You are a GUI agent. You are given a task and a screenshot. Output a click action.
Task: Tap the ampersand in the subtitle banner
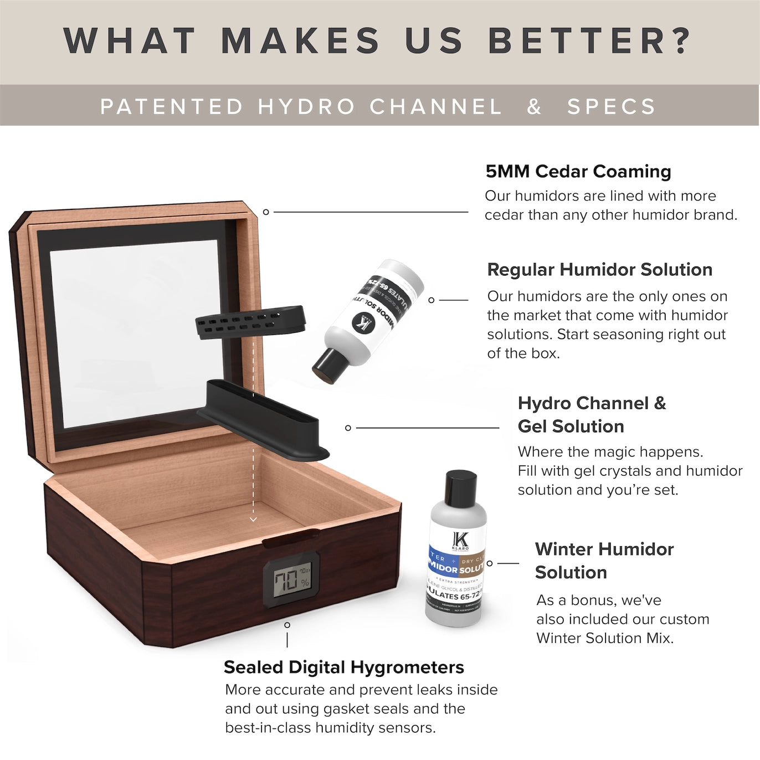[534, 106]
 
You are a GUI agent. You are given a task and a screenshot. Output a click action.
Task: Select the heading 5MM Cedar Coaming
[578, 171]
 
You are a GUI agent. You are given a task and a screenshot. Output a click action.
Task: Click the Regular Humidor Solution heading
[599, 269]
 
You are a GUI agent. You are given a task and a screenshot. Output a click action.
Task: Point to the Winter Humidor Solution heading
[604, 560]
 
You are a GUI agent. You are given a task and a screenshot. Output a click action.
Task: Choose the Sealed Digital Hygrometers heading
[343, 667]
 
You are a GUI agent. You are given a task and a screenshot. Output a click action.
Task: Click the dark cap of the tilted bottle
[327, 367]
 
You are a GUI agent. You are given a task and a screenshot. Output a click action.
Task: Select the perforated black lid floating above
[250, 321]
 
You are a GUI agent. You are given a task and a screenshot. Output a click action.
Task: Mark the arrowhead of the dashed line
[253, 520]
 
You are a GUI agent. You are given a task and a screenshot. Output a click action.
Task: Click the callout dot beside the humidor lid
[266, 212]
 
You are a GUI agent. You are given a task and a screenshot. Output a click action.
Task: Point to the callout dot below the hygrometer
[287, 625]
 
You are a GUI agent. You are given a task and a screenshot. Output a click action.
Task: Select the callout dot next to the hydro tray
[348, 428]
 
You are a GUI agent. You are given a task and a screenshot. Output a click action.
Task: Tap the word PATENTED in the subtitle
[172, 106]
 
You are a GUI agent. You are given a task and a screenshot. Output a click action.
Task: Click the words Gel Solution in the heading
[571, 426]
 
